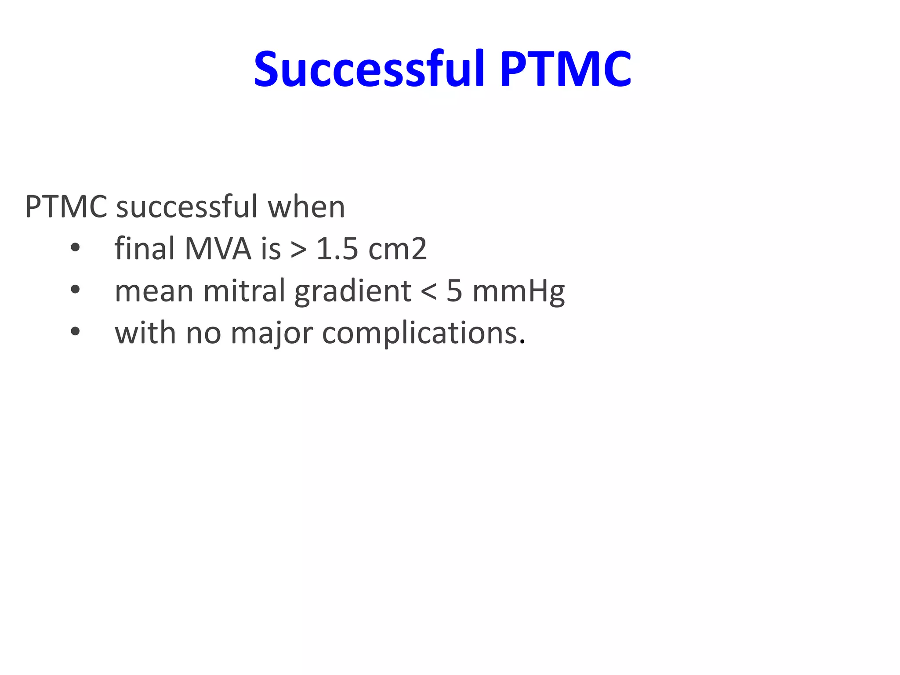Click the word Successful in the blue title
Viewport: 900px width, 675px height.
tap(369, 69)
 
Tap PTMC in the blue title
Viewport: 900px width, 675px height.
tap(565, 69)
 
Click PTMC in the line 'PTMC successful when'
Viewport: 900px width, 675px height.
tap(66, 207)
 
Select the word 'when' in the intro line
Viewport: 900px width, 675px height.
tap(306, 207)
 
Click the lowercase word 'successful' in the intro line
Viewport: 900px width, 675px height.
tap(187, 207)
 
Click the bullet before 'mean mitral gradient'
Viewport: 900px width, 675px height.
tap(75, 290)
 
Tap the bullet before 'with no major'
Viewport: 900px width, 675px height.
tap(75, 332)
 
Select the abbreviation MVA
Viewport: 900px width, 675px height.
tap(218, 249)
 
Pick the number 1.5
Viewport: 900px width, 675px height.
tap(337, 249)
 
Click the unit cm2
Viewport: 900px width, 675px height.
tap(397, 249)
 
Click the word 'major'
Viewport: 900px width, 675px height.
tap(272, 333)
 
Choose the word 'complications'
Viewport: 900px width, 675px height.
tap(420, 333)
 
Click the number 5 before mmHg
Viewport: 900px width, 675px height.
tap(454, 291)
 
